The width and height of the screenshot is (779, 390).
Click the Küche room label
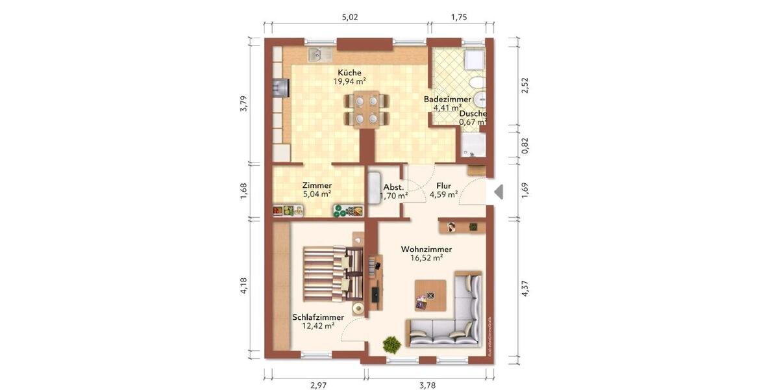coord(349,73)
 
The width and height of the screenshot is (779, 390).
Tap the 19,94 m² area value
coord(349,82)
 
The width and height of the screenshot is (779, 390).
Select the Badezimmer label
coord(447,99)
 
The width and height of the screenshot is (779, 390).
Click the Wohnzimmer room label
coord(426,249)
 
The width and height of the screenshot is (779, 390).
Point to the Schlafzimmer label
coord(318,317)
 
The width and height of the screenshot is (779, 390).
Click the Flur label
coord(443,186)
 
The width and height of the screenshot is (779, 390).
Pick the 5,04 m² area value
coord(317,194)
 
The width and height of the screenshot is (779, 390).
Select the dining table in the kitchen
coord(367,109)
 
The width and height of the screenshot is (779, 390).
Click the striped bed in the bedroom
coord(327,272)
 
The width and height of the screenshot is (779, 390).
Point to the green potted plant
coord(391,343)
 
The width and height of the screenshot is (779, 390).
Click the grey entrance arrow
coord(499,192)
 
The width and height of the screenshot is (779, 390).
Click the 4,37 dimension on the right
coord(525,289)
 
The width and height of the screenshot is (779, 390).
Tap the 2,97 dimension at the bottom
coord(318,385)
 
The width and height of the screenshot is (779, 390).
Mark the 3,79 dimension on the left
coord(243,104)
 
